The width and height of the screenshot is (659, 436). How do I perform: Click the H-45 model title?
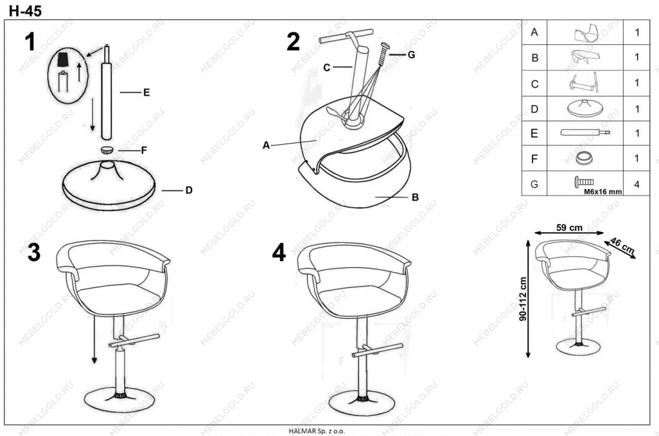pyautogui.click(x=25, y=11)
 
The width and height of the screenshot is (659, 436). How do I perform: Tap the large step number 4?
pyautogui.click(x=279, y=252)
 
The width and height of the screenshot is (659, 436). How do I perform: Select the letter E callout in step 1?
pyautogui.click(x=146, y=93)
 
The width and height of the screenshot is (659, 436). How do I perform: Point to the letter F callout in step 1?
pyautogui.click(x=144, y=150)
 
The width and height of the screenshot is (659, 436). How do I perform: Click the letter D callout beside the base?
pyautogui.click(x=189, y=190)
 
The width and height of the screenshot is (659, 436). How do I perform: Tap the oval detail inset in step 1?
pyautogui.click(x=68, y=75)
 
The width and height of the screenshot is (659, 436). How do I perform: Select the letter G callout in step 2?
pyautogui.click(x=411, y=54)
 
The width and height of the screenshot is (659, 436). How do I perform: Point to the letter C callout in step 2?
pyautogui.click(x=327, y=68)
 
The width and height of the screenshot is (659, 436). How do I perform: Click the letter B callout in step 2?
pyautogui.click(x=415, y=197)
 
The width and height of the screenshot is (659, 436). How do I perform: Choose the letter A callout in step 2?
pyautogui.click(x=266, y=145)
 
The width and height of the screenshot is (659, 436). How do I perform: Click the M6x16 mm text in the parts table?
pyautogui.click(x=603, y=191)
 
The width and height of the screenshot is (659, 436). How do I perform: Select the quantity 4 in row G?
pyautogui.click(x=637, y=184)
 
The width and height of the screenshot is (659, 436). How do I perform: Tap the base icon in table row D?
pyautogui.click(x=585, y=108)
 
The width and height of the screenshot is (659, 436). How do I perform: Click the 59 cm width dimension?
pyautogui.click(x=569, y=228)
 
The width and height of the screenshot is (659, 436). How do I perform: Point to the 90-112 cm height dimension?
pyautogui.click(x=523, y=298)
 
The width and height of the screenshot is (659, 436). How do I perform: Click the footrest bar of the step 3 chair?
pyautogui.click(x=134, y=340)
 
